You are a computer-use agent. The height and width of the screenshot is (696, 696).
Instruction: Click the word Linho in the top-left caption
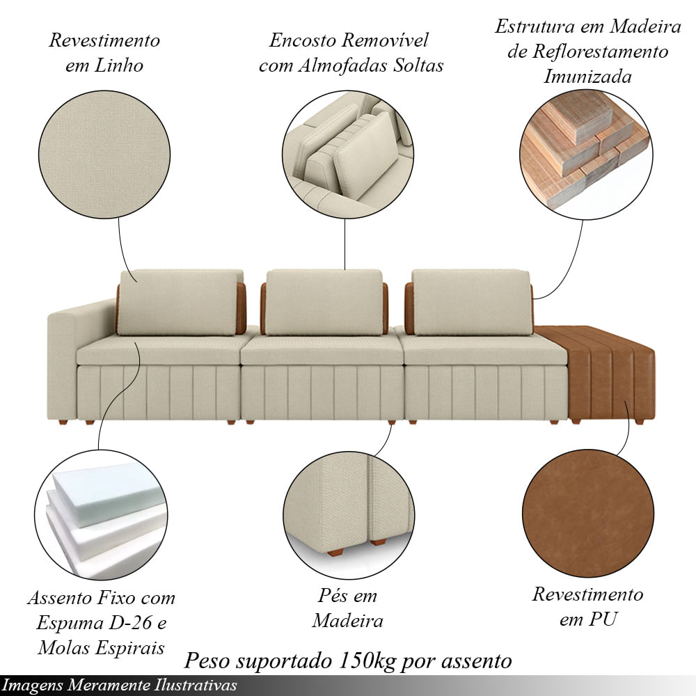pyautogui.click(x=118, y=65)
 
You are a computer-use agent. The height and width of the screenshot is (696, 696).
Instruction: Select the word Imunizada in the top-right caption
pyautogui.click(x=587, y=77)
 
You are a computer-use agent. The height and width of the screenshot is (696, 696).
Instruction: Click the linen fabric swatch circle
pyautogui.click(x=104, y=155)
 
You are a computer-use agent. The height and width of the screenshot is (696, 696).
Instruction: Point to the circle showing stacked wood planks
pyautogui.click(x=586, y=155)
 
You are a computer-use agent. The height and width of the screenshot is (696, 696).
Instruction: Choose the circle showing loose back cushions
pyautogui.click(x=347, y=155)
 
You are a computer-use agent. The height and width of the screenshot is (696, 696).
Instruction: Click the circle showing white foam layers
pyautogui.click(x=101, y=515)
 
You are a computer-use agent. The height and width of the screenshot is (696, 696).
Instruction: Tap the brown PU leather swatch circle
pyautogui.click(x=588, y=513)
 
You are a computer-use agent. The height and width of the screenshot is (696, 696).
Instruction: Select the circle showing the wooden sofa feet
pyautogui.click(x=349, y=515)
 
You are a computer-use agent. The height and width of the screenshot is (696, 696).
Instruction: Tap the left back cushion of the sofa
pyautogui.click(x=180, y=302)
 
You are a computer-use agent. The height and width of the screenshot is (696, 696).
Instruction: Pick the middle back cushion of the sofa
pyautogui.click(x=324, y=302)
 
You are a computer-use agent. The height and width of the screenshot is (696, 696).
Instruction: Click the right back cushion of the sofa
pyautogui.click(x=471, y=302)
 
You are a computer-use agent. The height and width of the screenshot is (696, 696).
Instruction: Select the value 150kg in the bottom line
pyautogui.click(x=367, y=661)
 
